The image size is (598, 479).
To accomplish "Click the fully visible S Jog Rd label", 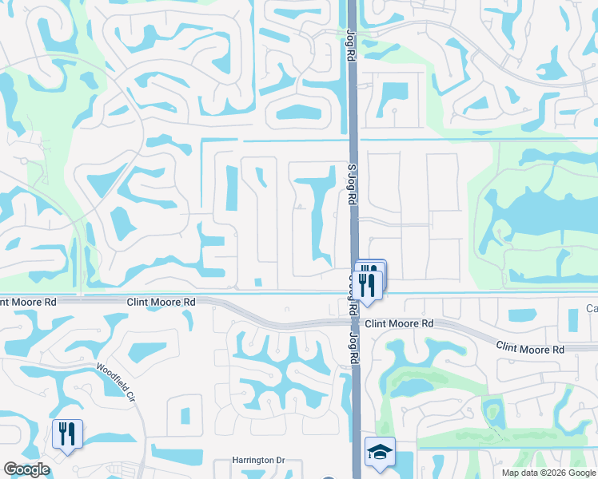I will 351,184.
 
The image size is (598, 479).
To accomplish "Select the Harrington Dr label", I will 258,461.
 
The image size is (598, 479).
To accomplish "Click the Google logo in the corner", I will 26,469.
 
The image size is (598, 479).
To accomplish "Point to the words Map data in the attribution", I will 520,472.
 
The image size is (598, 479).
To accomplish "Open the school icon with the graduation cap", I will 381,453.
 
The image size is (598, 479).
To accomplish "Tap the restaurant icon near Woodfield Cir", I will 66,434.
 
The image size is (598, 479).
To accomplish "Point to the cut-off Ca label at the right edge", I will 592,309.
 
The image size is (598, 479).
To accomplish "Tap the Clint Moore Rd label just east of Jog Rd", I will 399,323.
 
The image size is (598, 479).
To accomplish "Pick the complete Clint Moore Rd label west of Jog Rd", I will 161,303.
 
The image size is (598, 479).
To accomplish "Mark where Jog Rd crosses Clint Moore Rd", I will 353,297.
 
